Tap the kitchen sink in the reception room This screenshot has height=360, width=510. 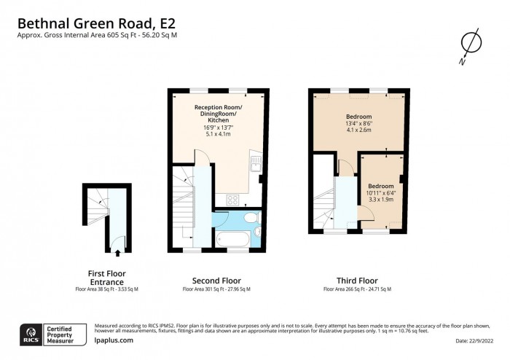[x=255, y=163]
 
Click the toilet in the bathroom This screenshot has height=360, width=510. [x=249, y=219]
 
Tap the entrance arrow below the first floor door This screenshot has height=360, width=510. [x=117, y=254]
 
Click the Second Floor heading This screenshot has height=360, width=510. [x=216, y=281]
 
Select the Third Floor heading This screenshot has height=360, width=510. [x=357, y=281]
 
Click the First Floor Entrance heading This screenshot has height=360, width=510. [x=106, y=277]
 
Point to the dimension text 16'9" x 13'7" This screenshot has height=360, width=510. [x=219, y=128]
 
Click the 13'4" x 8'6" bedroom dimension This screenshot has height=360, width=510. [x=358, y=124]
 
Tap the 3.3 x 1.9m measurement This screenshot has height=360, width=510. [x=380, y=198]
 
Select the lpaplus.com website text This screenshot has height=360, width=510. [x=114, y=340]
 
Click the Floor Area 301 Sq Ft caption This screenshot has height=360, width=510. [x=216, y=289]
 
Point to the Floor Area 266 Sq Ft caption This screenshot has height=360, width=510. [x=357, y=289]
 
